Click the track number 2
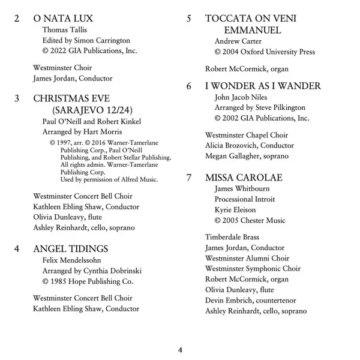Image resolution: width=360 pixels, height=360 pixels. (x=16, y=19)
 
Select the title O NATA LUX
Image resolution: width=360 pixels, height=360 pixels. (x=62, y=19)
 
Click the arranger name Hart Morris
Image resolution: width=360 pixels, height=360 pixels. (x=103, y=131)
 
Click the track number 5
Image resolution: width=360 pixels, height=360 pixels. (x=189, y=19)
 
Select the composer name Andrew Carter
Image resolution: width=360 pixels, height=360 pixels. (x=235, y=41)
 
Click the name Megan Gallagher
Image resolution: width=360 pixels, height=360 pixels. (x=231, y=156)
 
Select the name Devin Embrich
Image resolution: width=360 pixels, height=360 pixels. (x=229, y=300)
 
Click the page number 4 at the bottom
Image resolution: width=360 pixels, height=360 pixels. (x=180, y=350)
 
